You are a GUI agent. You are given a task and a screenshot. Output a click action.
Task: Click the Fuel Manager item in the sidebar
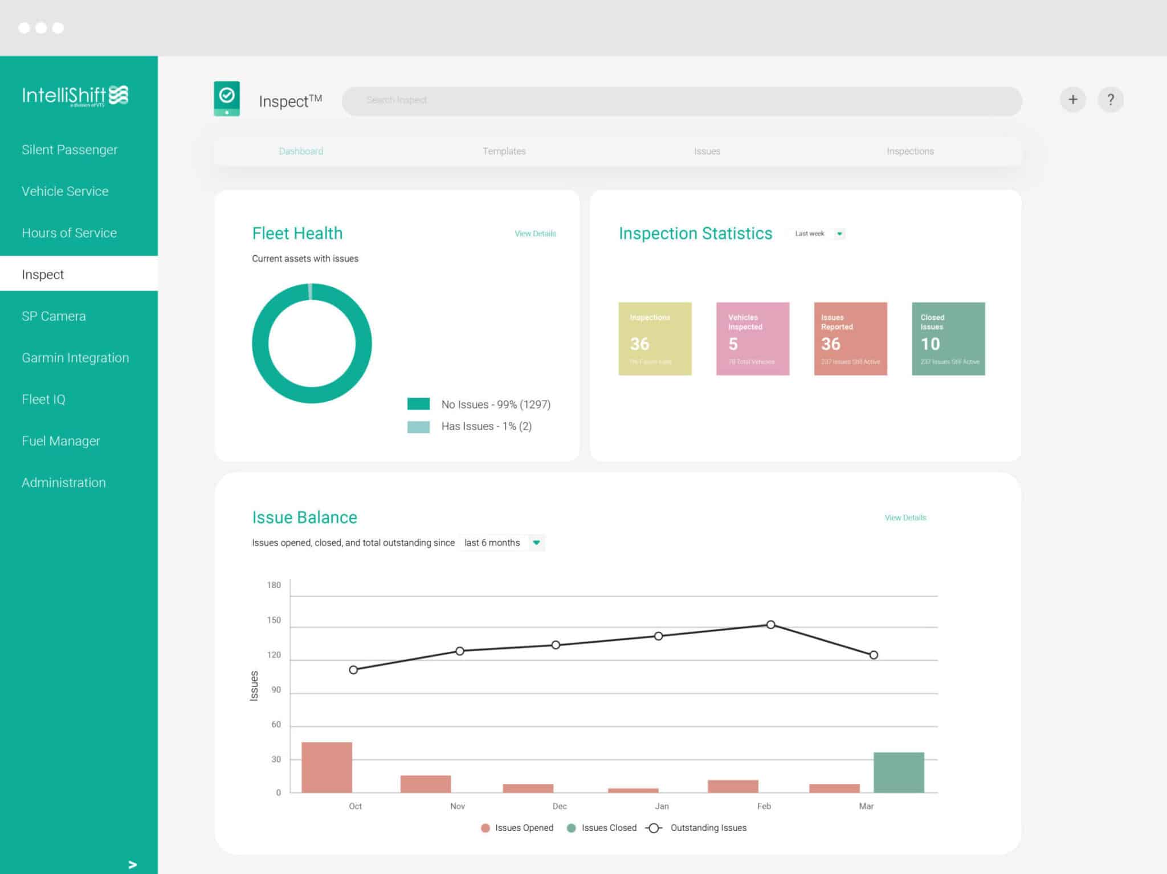click(x=61, y=441)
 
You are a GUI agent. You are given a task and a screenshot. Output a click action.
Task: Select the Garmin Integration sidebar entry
click(x=75, y=358)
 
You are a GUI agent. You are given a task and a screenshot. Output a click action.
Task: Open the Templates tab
click(x=504, y=151)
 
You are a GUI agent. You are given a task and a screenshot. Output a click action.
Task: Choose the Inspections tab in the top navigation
click(x=910, y=151)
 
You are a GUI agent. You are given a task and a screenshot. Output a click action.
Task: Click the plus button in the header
click(x=1072, y=100)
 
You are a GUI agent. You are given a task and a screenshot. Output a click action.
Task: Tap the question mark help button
click(x=1110, y=100)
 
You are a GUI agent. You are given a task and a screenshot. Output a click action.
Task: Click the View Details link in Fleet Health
click(x=535, y=234)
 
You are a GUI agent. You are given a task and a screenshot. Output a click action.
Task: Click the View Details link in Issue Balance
click(x=905, y=518)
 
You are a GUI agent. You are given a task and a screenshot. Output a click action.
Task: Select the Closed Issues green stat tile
click(x=948, y=338)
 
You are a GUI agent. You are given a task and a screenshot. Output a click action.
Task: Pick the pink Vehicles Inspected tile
click(x=752, y=338)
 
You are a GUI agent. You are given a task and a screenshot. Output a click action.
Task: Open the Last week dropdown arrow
click(x=839, y=234)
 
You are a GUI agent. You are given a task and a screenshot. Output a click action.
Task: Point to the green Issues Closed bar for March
click(x=899, y=773)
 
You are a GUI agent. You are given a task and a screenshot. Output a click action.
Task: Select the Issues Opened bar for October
click(x=327, y=767)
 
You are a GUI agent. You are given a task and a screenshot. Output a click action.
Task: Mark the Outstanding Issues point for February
click(x=770, y=625)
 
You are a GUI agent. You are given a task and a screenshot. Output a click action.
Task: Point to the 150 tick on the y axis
click(x=274, y=620)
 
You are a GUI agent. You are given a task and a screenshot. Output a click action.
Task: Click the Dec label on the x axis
click(x=560, y=806)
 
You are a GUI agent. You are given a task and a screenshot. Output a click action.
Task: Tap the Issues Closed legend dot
click(x=572, y=828)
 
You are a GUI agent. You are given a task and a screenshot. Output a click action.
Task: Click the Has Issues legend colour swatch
click(x=418, y=427)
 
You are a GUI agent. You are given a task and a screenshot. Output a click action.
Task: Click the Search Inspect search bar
click(x=681, y=100)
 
